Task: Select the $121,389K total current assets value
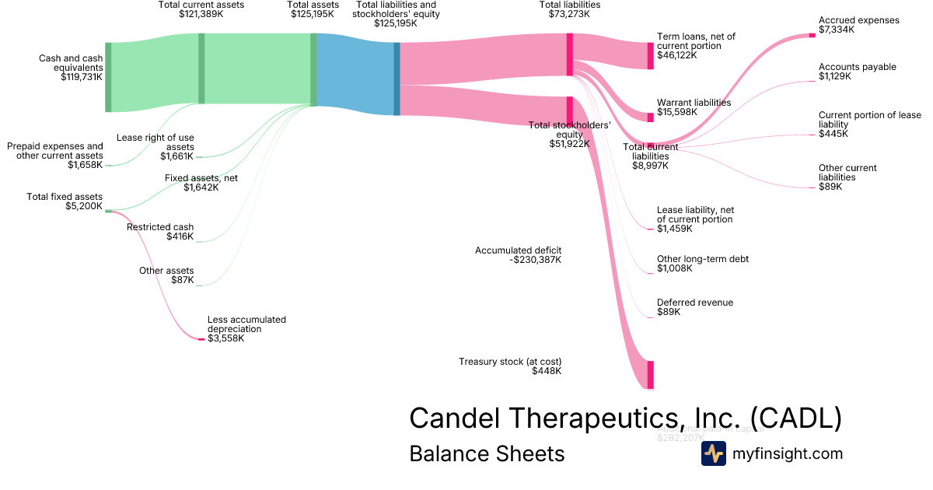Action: (x=201, y=14)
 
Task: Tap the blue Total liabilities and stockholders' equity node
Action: (x=397, y=79)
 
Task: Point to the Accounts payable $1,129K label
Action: (x=857, y=72)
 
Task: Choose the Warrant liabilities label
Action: (x=694, y=103)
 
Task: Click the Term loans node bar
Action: (x=651, y=56)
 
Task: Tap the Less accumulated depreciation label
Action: (x=246, y=324)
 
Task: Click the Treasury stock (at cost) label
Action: (x=510, y=362)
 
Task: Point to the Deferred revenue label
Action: (x=694, y=303)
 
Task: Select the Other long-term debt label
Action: (x=702, y=259)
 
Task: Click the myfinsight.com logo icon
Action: (x=713, y=453)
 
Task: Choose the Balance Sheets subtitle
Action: (x=487, y=453)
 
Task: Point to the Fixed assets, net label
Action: (x=201, y=178)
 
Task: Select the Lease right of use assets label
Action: (x=155, y=142)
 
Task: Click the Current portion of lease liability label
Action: (x=869, y=120)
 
